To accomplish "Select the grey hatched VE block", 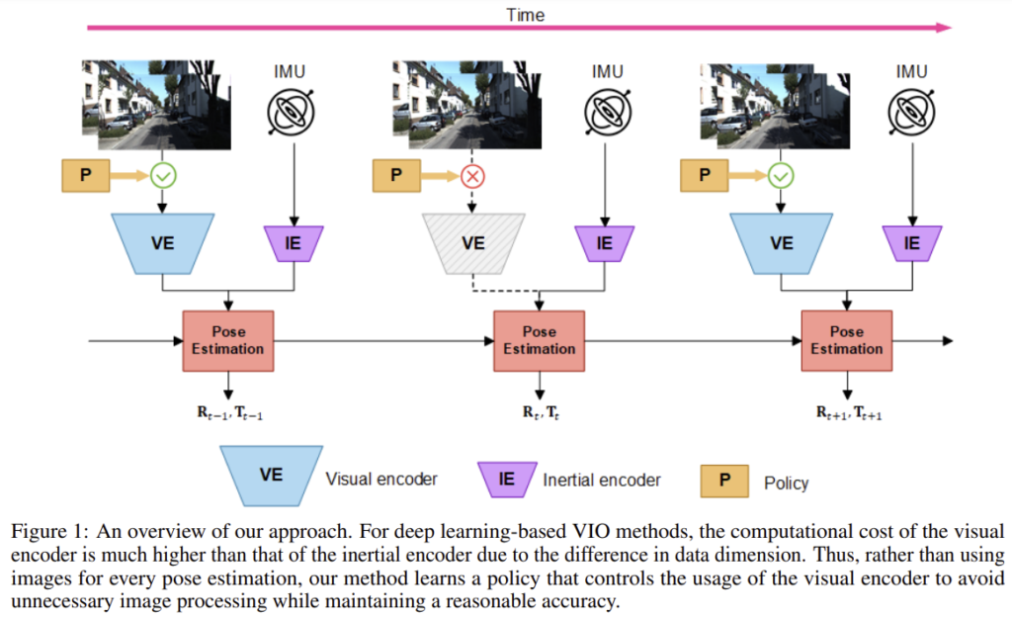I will [x=473, y=242].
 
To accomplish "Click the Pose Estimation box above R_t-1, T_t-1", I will [x=228, y=341].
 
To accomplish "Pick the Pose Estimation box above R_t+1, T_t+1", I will [x=846, y=341].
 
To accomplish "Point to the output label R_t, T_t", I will [x=539, y=412].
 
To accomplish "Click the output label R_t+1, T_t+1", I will [x=848, y=413].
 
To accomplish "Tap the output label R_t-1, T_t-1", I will [x=230, y=413].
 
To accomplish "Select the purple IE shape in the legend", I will [x=506, y=480].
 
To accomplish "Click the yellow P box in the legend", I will [x=724, y=481].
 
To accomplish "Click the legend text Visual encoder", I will [x=380, y=480].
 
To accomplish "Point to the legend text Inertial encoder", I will [x=601, y=481].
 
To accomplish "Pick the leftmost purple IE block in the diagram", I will [x=292, y=242].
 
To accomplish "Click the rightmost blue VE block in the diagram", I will [x=781, y=242].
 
